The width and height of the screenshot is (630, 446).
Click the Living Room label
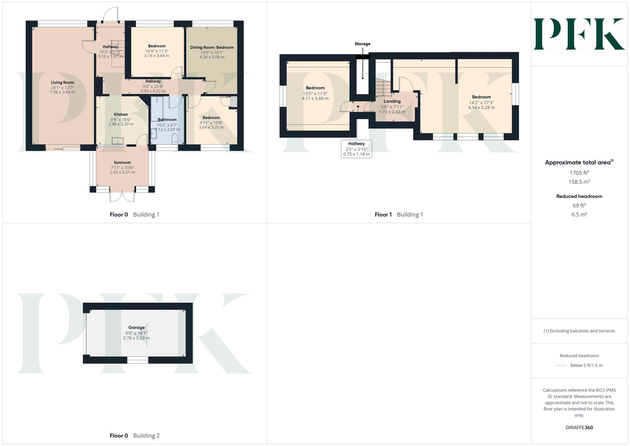pyautogui.click(x=62, y=83)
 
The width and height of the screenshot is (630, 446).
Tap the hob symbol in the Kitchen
pyautogui.click(x=140, y=104)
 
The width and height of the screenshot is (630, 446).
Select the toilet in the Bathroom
pyautogui.click(x=175, y=138)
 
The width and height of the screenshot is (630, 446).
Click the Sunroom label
pyautogui.click(x=122, y=163)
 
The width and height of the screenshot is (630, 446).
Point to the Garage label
pyautogui.click(x=136, y=327)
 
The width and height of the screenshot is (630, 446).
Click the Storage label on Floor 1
pyautogui.click(x=362, y=44)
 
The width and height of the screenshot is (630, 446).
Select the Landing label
pyautogui.click(x=392, y=101)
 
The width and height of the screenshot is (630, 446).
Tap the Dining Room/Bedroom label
pyautogui.click(x=212, y=48)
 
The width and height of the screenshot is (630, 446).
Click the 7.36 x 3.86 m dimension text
pyautogui.click(x=62, y=92)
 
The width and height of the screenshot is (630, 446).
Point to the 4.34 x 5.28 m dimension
pyautogui.click(x=481, y=108)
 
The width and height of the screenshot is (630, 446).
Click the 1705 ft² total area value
pyautogui.click(x=579, y=173)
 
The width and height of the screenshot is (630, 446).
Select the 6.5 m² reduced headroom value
pyautogui.click(x=579, y=214)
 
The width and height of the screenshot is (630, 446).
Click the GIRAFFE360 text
pyautogui.click(x=579, y=428)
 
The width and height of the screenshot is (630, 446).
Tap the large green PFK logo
pyautogui.click(x=579, y=34)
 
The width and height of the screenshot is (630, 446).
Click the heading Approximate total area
pyautogui.click(x=578, y=163)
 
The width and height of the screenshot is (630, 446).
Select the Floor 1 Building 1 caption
pyautogui.click(x=398, y=215)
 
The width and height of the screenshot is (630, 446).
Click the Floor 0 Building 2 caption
pyautogui.click(x=135, y=436)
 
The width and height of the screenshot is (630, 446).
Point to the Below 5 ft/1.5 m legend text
pyautogui.click(x=586, y=366)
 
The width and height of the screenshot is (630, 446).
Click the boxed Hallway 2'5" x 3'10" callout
pyautogui.click(x=356, y=149)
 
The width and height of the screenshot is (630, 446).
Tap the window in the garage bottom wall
pyautogui.click(x=138, y=360)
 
